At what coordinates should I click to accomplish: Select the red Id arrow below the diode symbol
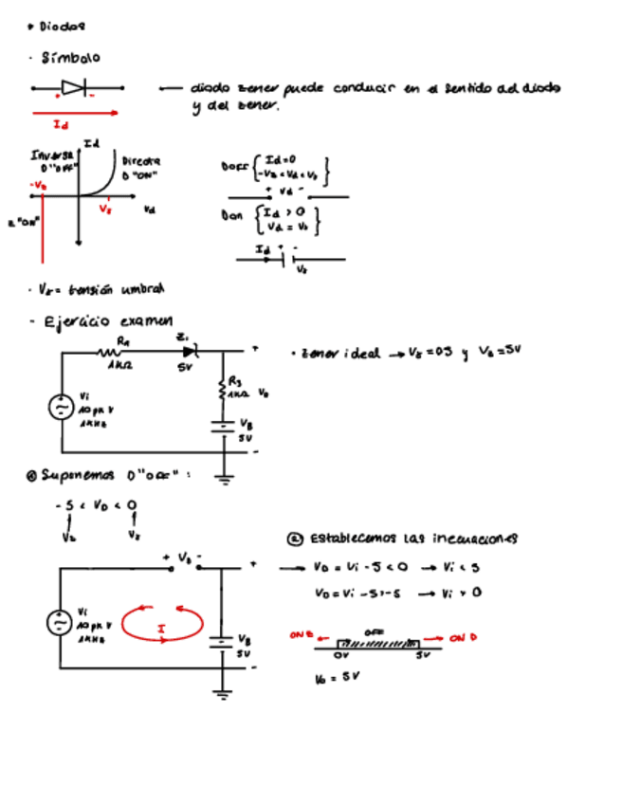(76, 113)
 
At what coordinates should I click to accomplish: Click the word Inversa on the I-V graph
(46, 154)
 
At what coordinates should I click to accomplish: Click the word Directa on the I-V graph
(140, 162)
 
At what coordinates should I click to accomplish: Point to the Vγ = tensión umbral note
(95, 288)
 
